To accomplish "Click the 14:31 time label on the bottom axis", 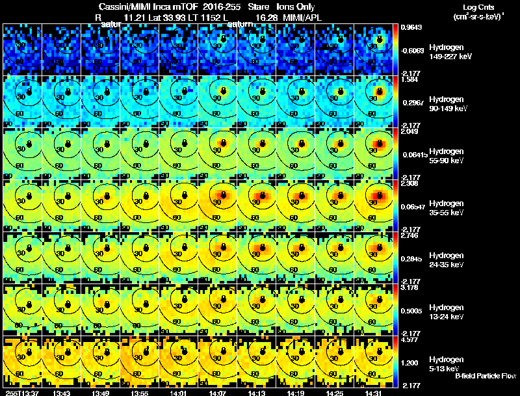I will pyautogui.click(x=374, y=393).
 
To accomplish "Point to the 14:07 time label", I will pyautogui.click(x=217, y=393).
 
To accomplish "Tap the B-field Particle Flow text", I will pyautogui.click(x=486, y=376).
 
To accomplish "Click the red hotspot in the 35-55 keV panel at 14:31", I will pyautogui.click(x=378, y=194).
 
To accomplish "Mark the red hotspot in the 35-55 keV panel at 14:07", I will pyautogui.click(x=221, y=194).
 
